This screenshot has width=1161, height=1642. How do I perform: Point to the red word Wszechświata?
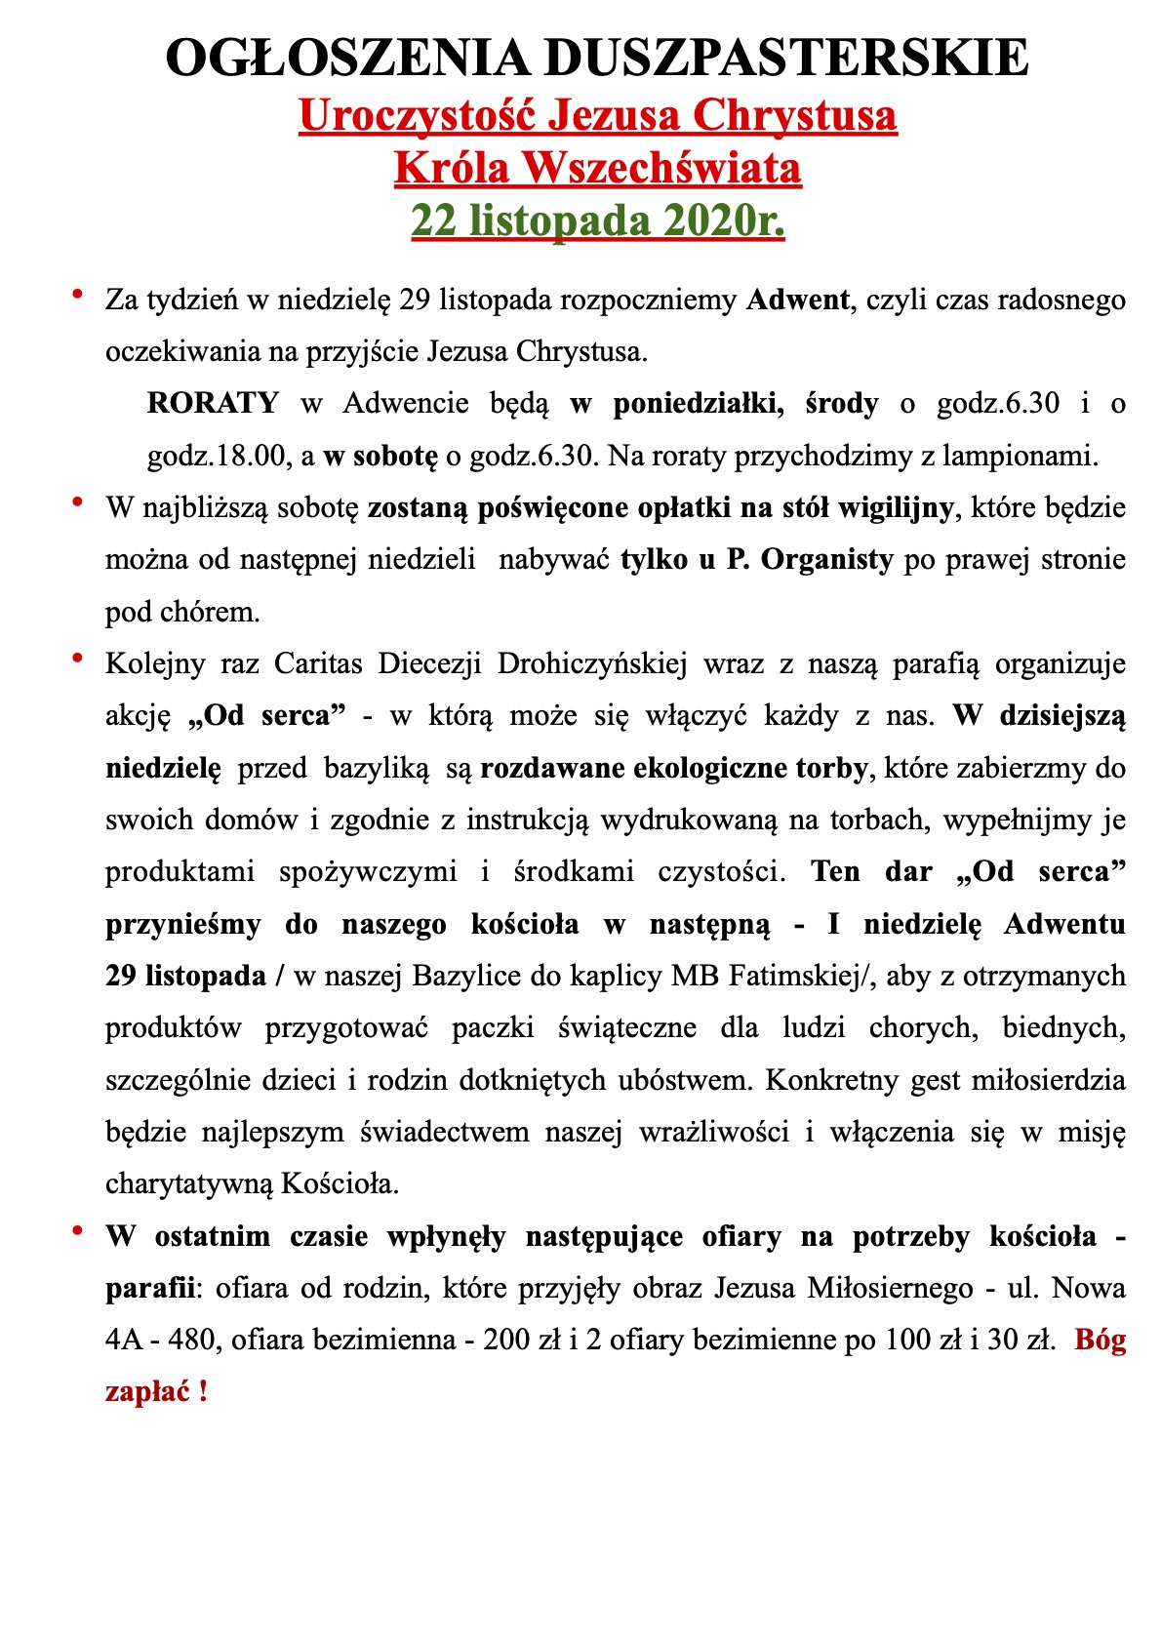[x=661, y=168]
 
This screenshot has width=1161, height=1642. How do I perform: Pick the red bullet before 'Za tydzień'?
[x=76, y=292]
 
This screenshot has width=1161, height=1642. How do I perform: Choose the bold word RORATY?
[x=213, y=403]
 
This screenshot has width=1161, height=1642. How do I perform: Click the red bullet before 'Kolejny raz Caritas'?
[x=76, y=658]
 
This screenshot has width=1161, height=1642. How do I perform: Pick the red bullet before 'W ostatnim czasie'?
[x=76, y=1230]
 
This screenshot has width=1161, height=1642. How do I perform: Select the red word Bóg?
[x=1100, y=1341]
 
